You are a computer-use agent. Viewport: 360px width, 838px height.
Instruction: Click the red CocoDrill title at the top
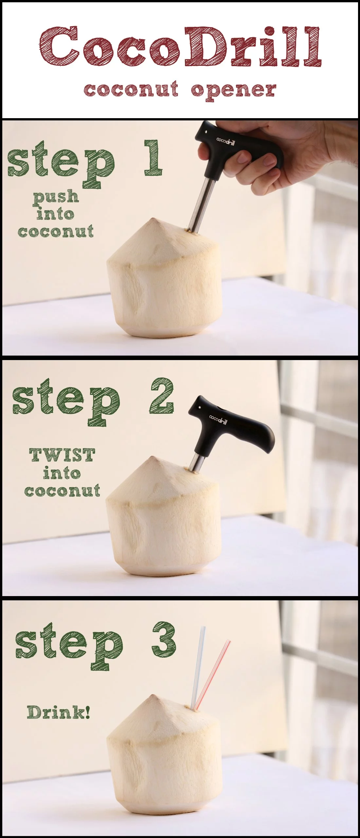180,47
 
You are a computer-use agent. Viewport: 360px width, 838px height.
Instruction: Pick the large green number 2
161,395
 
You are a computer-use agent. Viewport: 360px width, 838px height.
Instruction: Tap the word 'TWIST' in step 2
62,455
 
